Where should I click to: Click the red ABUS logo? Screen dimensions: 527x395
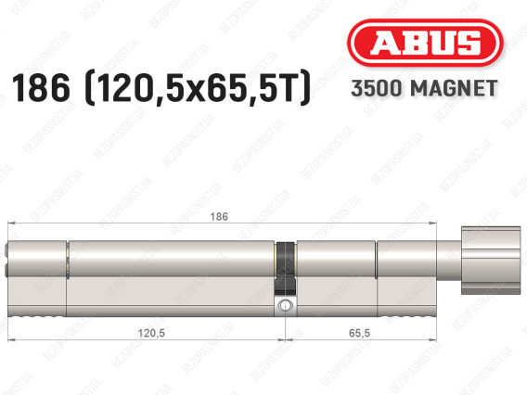click(x=425, y=43)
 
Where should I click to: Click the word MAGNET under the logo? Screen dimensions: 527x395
click(x=454, y=89)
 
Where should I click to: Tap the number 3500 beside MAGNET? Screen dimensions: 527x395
click(x=377, y=89)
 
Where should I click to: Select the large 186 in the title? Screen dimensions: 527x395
click(x=41, y=88)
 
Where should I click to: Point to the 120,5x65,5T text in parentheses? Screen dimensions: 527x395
click(x=198, y=88)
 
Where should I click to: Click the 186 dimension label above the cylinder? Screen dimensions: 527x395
click(x=219, y=217)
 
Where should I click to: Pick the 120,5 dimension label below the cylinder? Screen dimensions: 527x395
click(x=151, y=333)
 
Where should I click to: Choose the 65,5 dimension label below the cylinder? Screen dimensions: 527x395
click(x=359, y=333)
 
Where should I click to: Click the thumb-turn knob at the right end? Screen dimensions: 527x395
click(x=491, y=261)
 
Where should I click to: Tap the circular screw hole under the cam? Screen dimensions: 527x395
click(x=285, y=306)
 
